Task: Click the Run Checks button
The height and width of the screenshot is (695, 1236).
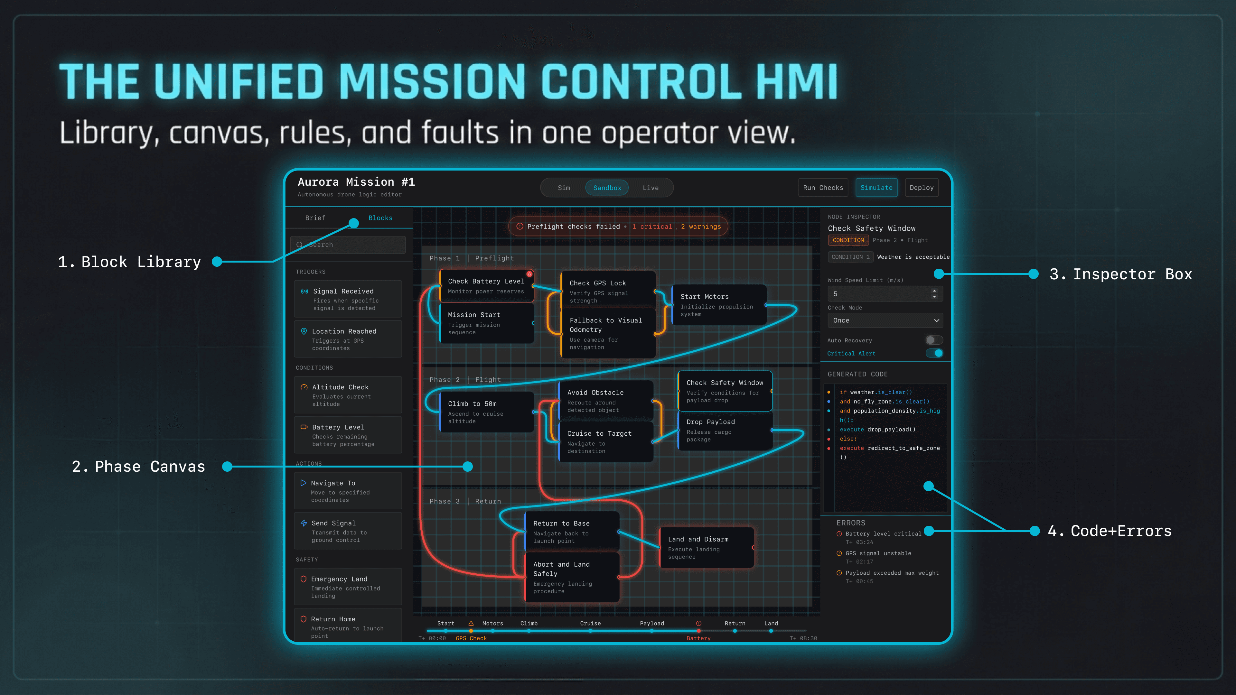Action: [x=823, y=188]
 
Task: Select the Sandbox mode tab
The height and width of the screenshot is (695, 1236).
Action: [x=607, y=188]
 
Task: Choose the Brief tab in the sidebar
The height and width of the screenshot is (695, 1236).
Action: [x=315, y=218]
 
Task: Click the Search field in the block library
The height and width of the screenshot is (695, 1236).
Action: [x=353, y=245]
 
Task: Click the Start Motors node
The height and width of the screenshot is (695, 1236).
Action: [x=719, y=305]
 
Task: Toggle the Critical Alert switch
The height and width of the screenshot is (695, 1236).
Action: [x=934, y=353]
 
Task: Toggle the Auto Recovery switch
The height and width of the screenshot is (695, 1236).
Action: [x=934, y=340]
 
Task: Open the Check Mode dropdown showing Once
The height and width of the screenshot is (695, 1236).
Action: [x=885, y=320]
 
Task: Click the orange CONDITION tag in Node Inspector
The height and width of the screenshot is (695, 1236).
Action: [x=848, y=240]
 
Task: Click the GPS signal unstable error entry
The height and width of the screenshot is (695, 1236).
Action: [x=878, y=553]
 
